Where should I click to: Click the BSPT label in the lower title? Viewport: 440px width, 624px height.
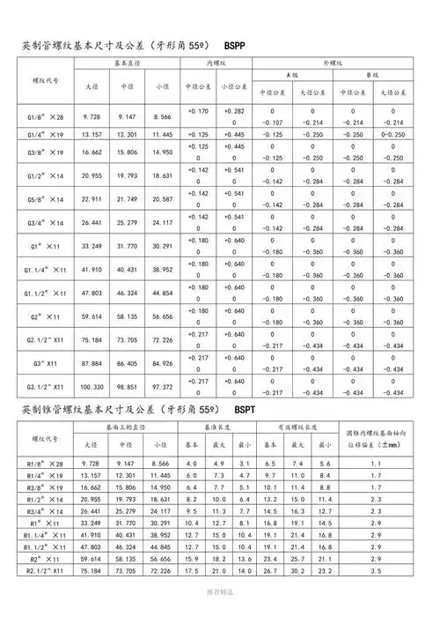[247, 411]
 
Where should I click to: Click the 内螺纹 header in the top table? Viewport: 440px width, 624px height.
[217, 65]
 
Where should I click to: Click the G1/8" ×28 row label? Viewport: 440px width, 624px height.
[43, 116]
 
